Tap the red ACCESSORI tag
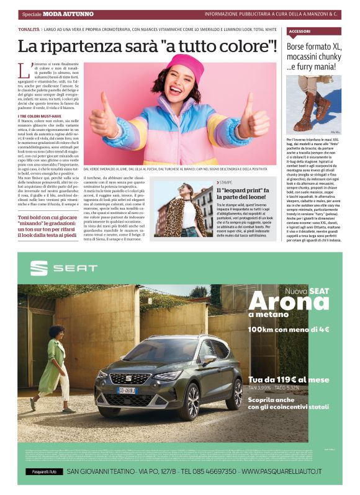coord(300,30)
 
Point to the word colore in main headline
coord(243,46)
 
